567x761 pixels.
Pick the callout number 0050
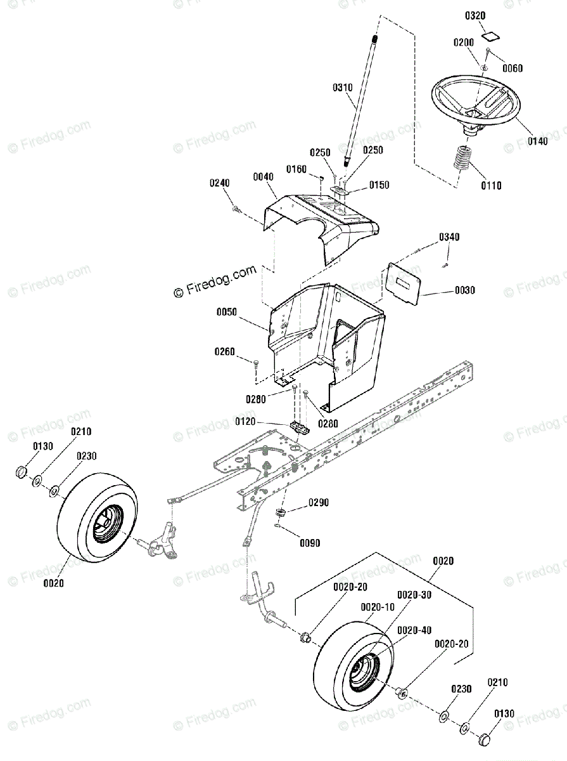[226, 313]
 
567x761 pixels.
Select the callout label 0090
[310, 543]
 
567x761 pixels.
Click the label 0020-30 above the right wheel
[414, 595]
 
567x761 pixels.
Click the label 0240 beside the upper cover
[220, 183]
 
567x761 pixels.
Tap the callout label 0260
[225, 352]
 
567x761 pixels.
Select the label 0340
[449, 237]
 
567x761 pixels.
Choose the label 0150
[378, 185]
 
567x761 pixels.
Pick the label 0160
[296, 169]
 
